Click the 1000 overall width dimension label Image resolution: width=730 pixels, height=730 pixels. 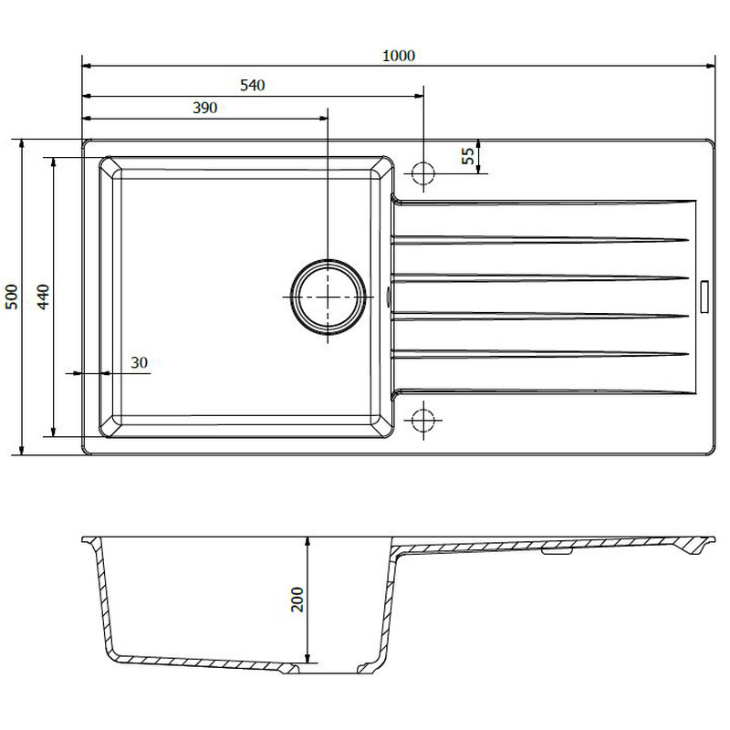[x=399, y=56]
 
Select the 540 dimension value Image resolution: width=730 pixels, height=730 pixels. [x=252, y=86]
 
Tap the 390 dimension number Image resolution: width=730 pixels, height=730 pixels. [x=204, y=108]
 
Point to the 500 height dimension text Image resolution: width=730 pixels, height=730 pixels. [x=12, y=297]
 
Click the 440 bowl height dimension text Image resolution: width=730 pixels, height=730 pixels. [x=43, y=297]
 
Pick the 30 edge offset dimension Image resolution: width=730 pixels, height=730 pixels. [x=139, y=362]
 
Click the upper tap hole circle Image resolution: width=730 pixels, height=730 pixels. [x=423, y=172]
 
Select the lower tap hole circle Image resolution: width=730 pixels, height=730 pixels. [x=423, y=420]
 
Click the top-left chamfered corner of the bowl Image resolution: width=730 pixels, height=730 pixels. [x=108, y=166]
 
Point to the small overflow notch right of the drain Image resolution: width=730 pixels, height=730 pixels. [x=390, y=297]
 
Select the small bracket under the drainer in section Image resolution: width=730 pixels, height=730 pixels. [x=556, y=551]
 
